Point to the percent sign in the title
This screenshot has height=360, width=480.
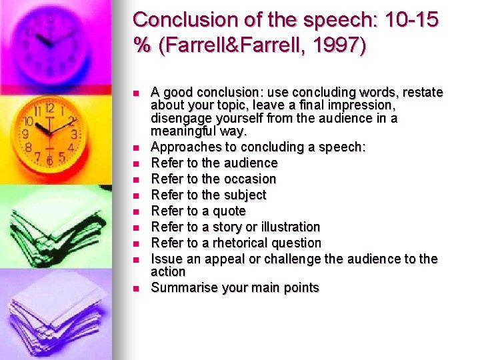pos(142,47)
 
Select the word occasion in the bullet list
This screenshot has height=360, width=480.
pos(251,179)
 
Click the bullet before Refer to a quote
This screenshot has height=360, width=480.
pos(135,211)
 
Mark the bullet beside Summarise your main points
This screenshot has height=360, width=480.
pos(135,288)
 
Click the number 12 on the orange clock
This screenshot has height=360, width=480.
pos(49,107)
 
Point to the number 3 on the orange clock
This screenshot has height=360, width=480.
pos(74,135)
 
